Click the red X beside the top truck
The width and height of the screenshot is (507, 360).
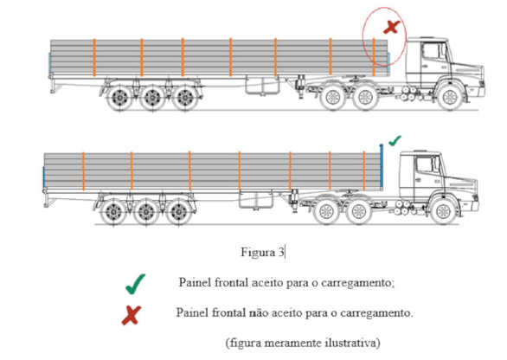(392, 27)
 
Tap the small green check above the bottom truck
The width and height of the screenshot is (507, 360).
(395, 141)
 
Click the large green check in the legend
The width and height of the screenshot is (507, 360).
(136, 285)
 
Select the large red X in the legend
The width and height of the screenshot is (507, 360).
(132, 315)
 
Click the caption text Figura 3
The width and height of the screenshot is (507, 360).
(262, 252)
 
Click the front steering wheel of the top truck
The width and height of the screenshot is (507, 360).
(450, 97)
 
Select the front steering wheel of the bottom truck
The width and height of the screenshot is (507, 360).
(444, 211)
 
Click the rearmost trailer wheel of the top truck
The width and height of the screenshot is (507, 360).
(119, 98)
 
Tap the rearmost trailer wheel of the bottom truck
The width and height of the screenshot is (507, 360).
(113, 212)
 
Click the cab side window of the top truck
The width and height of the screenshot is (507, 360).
(431, 52)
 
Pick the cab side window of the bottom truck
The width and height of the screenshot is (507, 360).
(425, 165)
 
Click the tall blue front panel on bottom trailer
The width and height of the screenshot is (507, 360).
(382, 165)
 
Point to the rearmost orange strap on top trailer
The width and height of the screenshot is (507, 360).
(94, 58)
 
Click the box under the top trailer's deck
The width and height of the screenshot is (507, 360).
(262, 85)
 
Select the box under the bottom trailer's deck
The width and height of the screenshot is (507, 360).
(256, 200)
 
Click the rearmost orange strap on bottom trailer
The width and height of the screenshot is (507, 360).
(83, 171)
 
